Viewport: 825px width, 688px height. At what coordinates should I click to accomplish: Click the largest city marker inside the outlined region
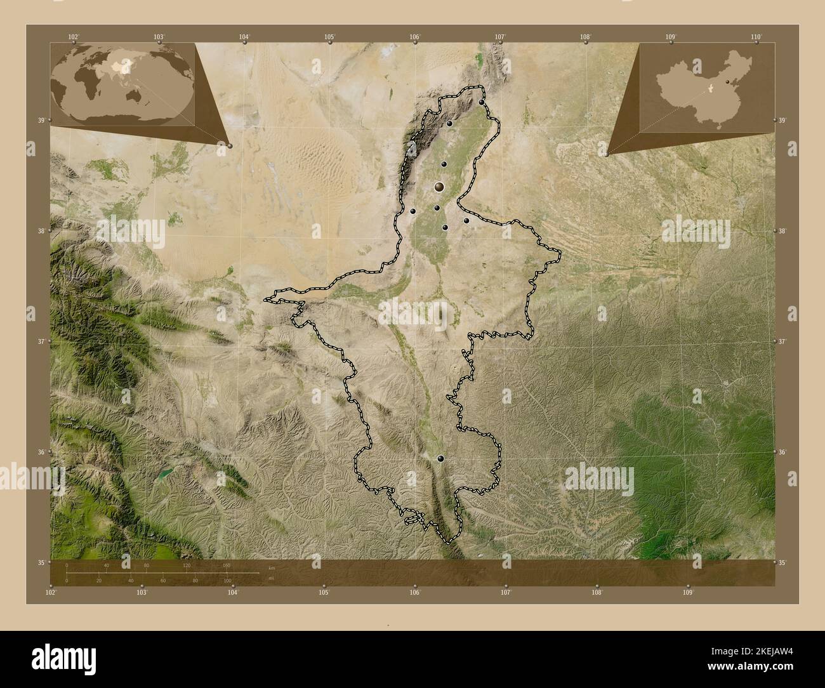(439, 187)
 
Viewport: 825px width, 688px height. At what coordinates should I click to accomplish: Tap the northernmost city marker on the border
(482, 102)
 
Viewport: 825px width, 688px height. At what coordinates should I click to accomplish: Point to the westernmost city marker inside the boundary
(412, 211)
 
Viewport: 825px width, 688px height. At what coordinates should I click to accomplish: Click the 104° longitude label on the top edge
(244, 37)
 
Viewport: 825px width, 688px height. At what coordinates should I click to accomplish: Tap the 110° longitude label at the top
(755, 37)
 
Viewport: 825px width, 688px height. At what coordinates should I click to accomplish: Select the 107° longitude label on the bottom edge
(506, 592)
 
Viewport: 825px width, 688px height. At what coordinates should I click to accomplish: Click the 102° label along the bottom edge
(51, 592)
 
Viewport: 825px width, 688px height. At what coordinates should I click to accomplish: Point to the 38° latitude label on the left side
(41, 231)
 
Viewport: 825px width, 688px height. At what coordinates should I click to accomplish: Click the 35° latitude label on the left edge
(41, 562)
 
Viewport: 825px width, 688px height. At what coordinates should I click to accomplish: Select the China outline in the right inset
(704, 88)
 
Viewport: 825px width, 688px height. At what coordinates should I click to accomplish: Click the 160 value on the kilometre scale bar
(227, 566)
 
